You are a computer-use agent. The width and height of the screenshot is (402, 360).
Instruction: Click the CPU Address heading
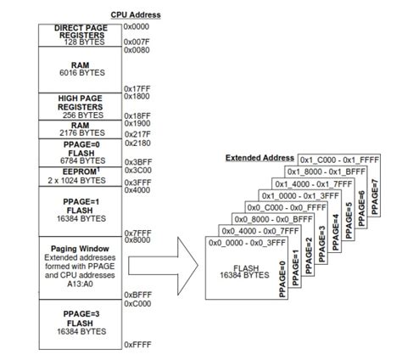[135, 15]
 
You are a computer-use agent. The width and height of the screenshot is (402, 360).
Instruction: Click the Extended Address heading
[260, 158]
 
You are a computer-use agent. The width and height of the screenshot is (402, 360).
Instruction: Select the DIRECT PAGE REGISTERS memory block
[80, 34]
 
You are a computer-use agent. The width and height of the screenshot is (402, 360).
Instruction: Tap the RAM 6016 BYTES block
[80, 69]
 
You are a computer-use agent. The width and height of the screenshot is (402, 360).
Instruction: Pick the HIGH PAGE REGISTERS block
[80, 105]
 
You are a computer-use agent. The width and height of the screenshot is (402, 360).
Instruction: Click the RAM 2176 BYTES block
[80, 129]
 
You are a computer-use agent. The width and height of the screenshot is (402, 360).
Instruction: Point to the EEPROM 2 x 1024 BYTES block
[80, 176]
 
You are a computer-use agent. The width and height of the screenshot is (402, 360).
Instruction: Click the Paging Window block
[80, 267]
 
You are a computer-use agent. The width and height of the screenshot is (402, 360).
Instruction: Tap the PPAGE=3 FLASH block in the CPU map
[80, 323]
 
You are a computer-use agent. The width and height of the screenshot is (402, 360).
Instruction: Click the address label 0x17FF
[137, 88]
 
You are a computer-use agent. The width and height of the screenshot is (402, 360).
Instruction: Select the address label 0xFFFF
[137, 345]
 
